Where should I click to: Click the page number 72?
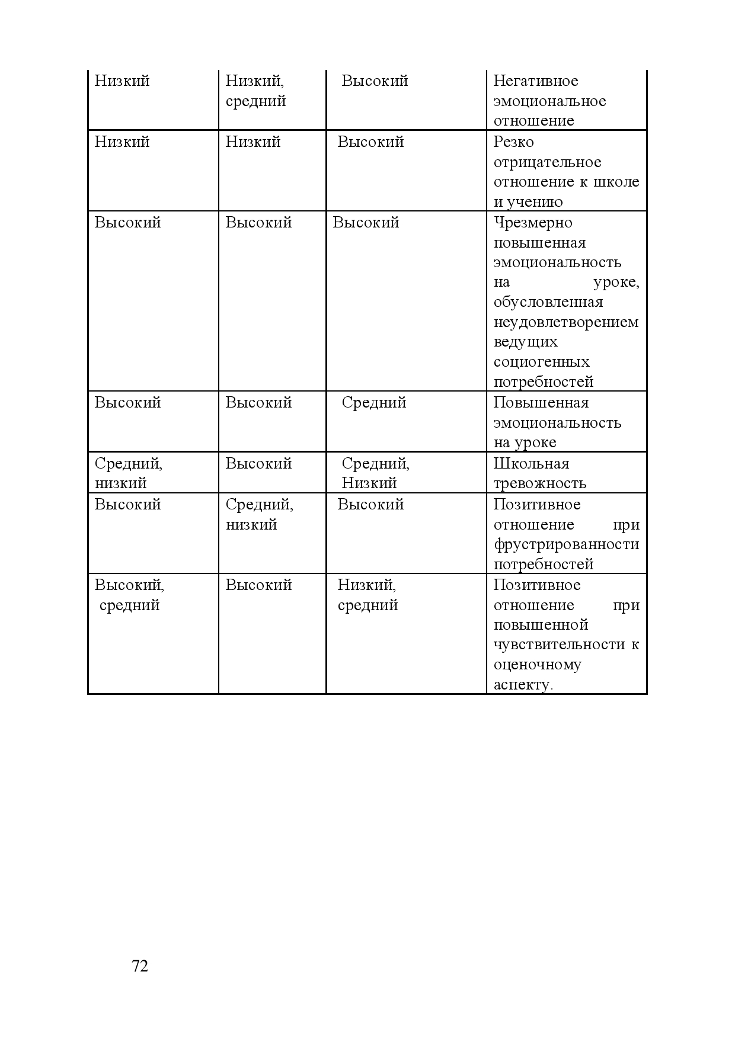point(140,966)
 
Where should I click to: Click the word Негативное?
point(535,81)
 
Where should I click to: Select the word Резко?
point(513,142)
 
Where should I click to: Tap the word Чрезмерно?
point(533,223)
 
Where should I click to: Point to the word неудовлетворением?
point(566,322)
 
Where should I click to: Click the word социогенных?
point(541,362)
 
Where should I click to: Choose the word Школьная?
point(531,464)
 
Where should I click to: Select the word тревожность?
point(539,483)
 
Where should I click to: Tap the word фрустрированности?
point(566,544)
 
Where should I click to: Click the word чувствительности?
point(559,644)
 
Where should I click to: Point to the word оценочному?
point(537,665)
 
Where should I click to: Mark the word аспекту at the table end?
point(522,685)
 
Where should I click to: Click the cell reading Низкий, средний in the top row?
point(255,91)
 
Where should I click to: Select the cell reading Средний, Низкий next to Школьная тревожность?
point(375,473)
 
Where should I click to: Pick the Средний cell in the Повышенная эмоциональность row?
point(373,403)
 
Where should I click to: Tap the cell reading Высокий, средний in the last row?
point(129,595)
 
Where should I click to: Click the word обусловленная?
point(548,302)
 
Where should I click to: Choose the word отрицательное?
point(547,162)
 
